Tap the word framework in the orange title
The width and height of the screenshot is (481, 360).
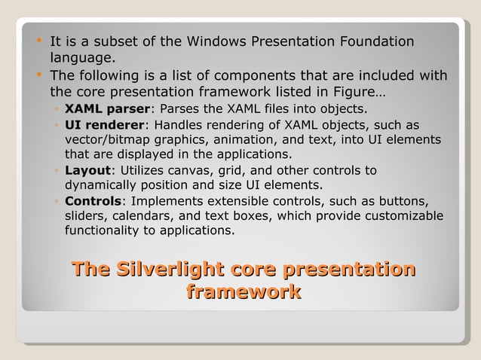click(243, 291)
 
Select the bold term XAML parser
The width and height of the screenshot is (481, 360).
click(107, 109)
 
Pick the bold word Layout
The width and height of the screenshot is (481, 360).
click(87, 170)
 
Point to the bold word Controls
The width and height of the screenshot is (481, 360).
click(93, 201)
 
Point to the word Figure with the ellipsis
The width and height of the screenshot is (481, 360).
click(364, 93)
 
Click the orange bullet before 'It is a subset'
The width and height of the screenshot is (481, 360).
click(38, 41)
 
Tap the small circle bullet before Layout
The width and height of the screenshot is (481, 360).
click(57, 171)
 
